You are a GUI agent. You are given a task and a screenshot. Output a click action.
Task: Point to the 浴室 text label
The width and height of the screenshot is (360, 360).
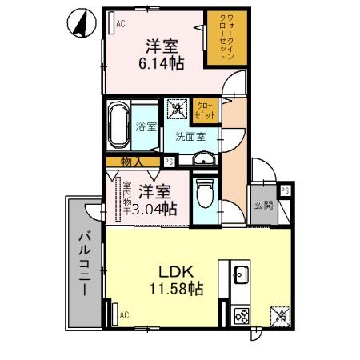tap(146, 126)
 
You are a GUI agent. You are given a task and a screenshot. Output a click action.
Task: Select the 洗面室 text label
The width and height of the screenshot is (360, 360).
tap(190, 136)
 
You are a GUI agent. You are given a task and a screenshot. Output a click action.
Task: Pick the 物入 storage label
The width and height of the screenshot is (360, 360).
tap(132, 162)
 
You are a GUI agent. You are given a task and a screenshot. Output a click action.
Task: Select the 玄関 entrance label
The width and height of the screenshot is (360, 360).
tap(262, 205)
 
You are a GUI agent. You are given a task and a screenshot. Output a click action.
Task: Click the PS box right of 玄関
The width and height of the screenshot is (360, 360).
tap(285, 190)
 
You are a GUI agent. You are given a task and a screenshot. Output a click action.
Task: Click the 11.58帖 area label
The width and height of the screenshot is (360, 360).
tap(173, 288)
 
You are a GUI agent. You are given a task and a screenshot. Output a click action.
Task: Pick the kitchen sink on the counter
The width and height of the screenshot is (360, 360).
tap(241, 276)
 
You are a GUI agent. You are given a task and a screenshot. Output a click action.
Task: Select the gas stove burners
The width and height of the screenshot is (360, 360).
tap(241, 314)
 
